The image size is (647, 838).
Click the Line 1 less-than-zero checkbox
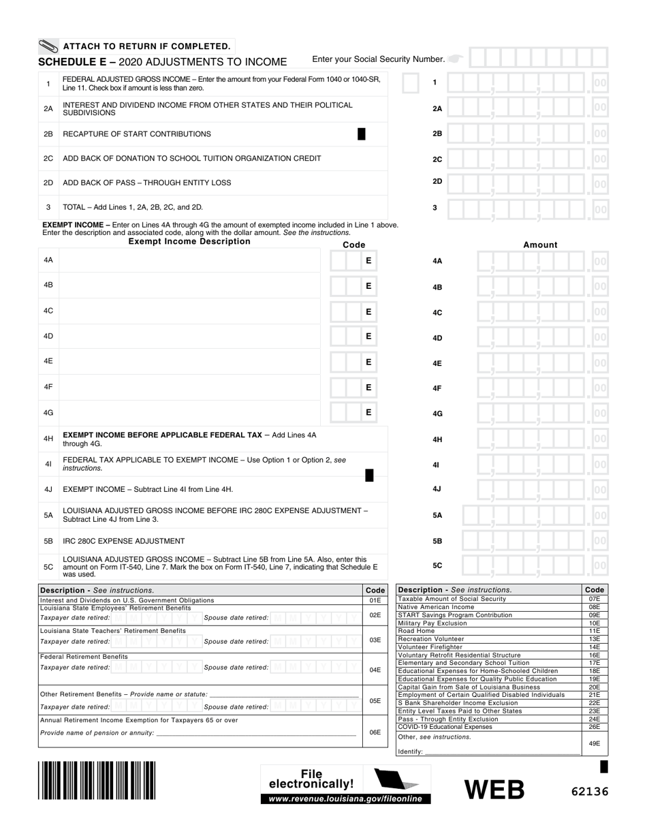(410, 83)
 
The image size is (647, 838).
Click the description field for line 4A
(190, 260)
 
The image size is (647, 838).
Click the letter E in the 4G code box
(368, 412)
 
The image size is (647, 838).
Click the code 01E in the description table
(375, 600)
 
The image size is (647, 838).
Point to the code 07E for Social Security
(595, 599)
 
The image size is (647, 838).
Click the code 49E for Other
(595, 744)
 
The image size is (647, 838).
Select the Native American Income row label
(436, 606)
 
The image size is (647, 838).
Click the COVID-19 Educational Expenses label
(444, 727)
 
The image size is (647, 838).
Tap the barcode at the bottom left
(97, 780)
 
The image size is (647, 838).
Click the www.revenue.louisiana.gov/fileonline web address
(345, 798)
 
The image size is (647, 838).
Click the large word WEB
(495, 790)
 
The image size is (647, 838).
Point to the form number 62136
(589, 792)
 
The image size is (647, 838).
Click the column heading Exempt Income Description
(189, 241)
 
